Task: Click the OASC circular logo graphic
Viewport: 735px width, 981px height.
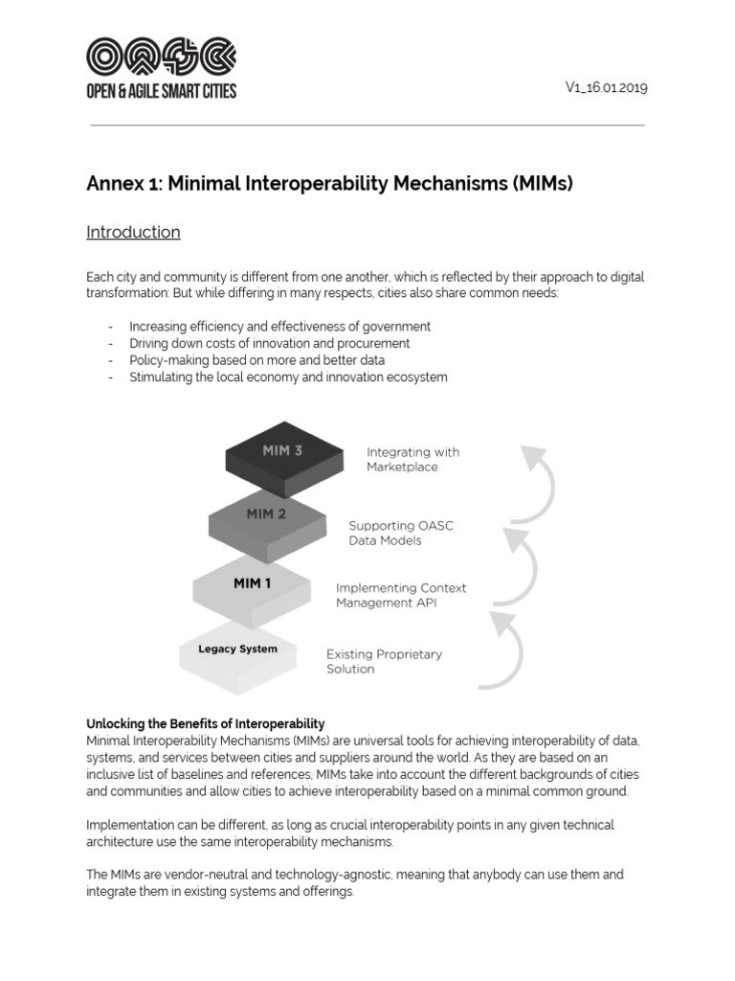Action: tap(161, 57)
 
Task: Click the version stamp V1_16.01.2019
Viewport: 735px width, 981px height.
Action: tap(607, 87)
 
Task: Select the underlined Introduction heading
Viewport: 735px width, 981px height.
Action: tap(133, 232)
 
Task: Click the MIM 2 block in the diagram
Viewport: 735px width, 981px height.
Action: tap(266, 521)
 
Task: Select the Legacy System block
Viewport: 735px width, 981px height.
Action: tap(237, 651)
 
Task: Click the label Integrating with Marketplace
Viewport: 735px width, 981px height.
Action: tap(412, 459)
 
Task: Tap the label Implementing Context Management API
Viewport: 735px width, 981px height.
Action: tap(401, 595)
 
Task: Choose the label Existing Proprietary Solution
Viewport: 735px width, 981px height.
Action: tap(384, 661)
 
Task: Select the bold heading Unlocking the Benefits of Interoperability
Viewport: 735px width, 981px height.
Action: tap(206, 723)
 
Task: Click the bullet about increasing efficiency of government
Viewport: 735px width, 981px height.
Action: tap(279, 326)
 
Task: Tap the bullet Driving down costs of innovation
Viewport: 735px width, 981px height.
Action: tap(269, 343)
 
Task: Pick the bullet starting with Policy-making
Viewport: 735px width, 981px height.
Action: tap(256, 360)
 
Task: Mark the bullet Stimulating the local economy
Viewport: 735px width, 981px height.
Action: tap(288, 377)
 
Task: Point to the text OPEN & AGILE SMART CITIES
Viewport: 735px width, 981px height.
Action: tap(161, 91)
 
